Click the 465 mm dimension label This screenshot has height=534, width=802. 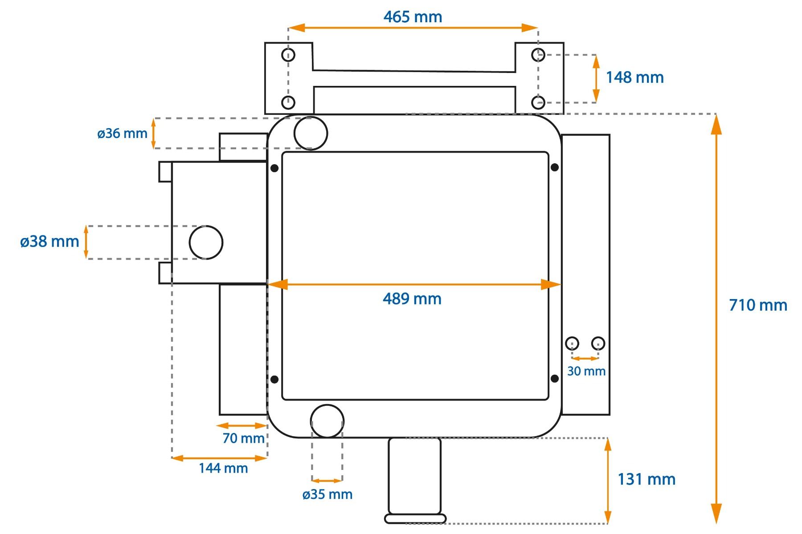413,17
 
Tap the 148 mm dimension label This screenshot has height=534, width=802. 634,77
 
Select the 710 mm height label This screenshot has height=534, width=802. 758,305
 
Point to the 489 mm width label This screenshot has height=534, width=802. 412,299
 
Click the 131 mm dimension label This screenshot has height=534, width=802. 647,479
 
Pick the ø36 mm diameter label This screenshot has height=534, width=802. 122,133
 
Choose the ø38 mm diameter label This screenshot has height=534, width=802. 49,242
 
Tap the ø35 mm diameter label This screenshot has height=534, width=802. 327,494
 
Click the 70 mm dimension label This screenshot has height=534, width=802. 243,438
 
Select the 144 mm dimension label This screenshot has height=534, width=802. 223,468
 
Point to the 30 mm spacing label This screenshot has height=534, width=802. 586,371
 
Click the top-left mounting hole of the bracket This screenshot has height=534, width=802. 288,55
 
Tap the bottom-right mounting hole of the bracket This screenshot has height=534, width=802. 538,103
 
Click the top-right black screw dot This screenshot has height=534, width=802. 555,167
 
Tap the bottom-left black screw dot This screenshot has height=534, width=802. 274,379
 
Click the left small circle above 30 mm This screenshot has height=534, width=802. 572,344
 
